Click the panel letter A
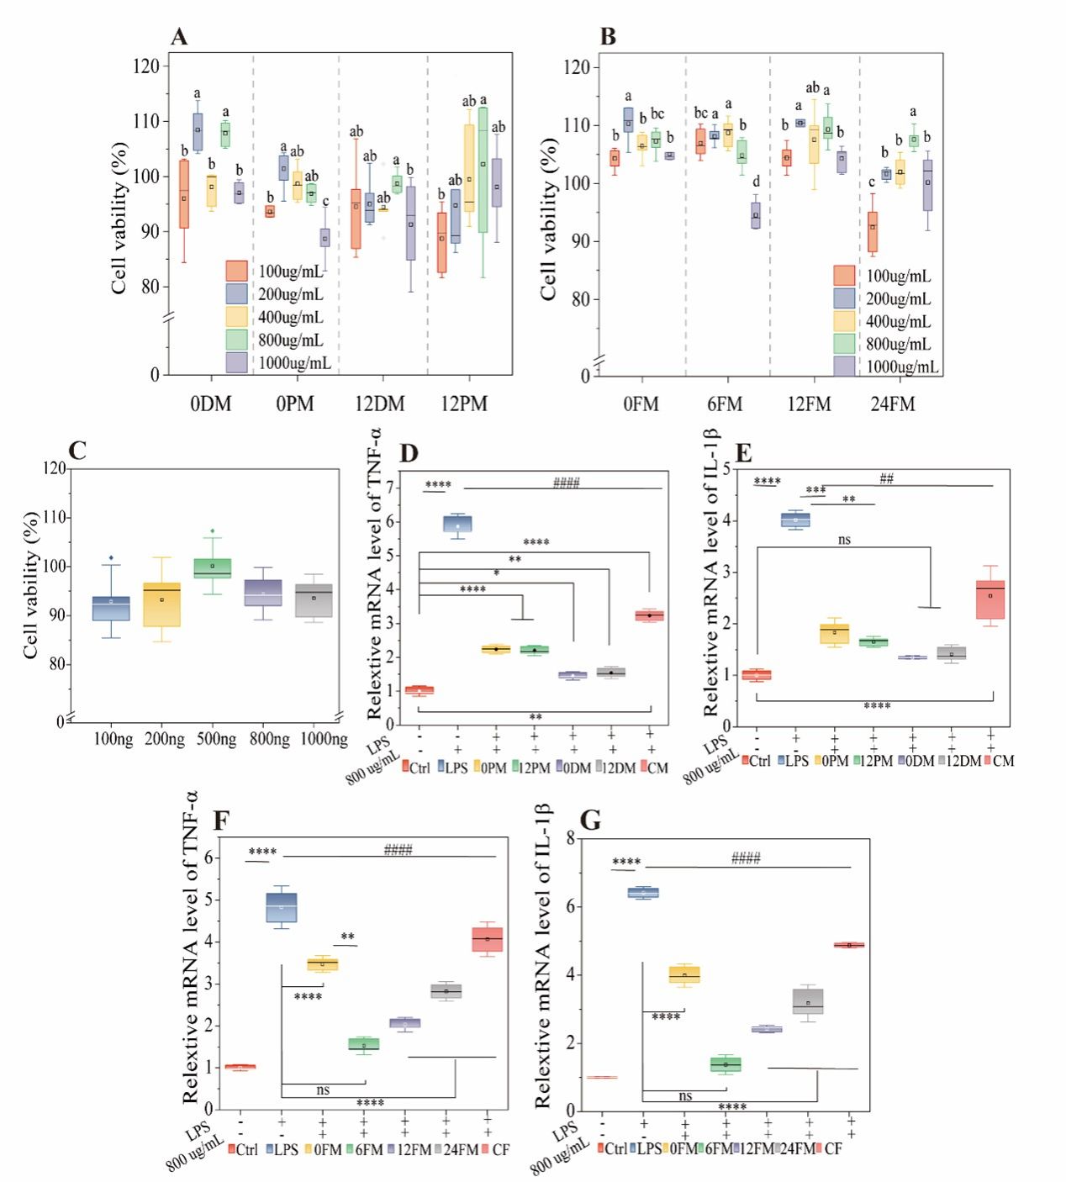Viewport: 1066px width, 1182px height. pos(179,37)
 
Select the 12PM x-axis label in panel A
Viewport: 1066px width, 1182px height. pos(464,404)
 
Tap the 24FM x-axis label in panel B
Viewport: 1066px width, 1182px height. pos(892,404)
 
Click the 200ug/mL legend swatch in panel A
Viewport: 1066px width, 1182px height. pos(236,293)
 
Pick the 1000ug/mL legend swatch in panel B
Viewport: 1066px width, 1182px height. pos(844,366)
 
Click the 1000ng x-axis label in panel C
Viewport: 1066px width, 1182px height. pos(324,739)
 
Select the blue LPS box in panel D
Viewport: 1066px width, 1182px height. pos(457,523)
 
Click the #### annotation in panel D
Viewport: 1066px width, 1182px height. pos(566,483)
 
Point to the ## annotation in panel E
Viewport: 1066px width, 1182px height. pos(886,479)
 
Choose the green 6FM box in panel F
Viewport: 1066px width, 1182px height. pos(364,1044)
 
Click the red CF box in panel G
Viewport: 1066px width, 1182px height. pos(849,945)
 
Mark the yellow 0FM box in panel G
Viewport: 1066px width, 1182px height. pos(684,975)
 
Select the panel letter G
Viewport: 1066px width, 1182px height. pos(591,821)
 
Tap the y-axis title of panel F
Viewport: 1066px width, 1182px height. pos(191,947)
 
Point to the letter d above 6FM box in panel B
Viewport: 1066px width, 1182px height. pos(756,182)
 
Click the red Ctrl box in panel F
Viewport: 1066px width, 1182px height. pos(240,1067)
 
